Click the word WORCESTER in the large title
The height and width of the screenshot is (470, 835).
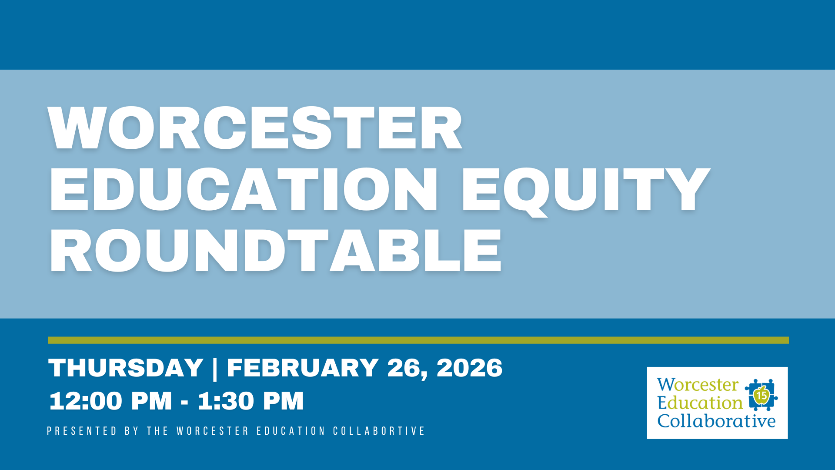point(255,128)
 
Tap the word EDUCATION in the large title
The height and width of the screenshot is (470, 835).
point(244,189)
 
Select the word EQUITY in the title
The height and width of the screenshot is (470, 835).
point(585,189)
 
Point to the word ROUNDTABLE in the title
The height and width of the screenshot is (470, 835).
point(276,251)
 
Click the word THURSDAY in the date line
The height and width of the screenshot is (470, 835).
point(126,368)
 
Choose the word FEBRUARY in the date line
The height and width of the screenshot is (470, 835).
point(302,368)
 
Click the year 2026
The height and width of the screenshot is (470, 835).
point(470,368)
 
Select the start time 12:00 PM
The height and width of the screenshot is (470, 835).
point(110,401)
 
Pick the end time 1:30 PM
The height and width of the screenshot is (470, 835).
point(251,401)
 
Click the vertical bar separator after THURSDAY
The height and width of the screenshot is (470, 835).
point(215,369)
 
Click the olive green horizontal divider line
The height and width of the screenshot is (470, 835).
point(417,340)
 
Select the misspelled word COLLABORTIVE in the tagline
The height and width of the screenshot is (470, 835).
point(379,431)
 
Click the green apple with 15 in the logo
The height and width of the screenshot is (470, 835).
point(761,395)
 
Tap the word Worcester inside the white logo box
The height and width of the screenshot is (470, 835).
point(698,385)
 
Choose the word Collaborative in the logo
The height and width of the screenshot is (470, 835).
point(716,421)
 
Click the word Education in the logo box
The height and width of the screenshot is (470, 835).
point(700,403)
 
